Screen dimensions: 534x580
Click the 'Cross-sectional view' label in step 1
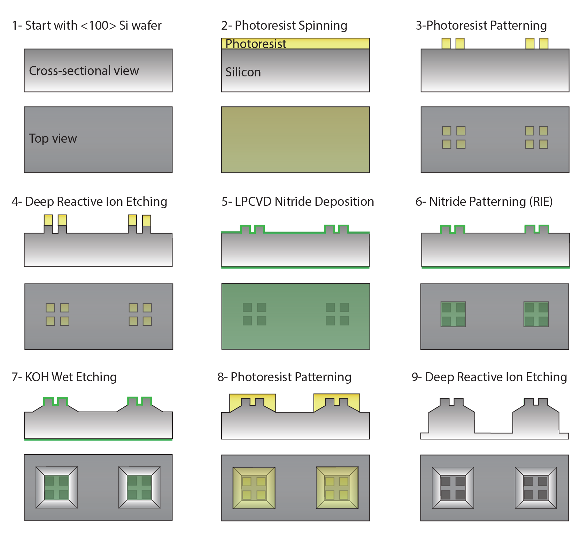tap(84, 71)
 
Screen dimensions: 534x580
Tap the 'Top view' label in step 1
tap(53, 138)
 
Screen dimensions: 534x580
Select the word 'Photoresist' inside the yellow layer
tap(256, 44)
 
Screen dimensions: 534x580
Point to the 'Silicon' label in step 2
tap(243, 72)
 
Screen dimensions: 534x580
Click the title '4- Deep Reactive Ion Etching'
tap(89, 202)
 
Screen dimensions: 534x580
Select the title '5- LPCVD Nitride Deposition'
tap(297, 202)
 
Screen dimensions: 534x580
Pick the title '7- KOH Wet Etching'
tap(64, 377)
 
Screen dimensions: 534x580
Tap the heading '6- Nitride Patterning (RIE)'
tap(484, 202)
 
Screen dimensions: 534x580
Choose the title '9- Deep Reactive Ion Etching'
tap(489, 377)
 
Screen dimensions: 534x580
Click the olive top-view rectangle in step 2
tap(295, 140)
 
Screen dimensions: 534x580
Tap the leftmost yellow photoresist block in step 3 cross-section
tap(446, 44)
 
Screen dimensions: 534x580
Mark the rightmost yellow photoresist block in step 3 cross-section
tap(544, 44)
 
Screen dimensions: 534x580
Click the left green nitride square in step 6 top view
tap(453, 314)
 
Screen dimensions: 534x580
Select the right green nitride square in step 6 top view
tap(536, 314)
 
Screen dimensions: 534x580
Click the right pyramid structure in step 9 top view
tap(536, 488)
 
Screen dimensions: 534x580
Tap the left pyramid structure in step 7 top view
tap(56, 487)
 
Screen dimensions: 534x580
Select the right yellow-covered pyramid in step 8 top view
tap(337, 488)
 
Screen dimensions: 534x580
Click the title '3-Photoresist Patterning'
tap(481, 26)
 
